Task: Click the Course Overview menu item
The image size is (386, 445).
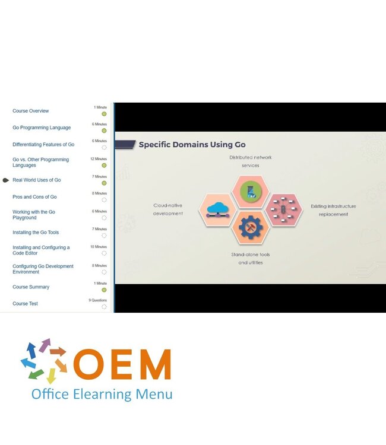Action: [x=31, y=111]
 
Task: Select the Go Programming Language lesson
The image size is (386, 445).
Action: [x=42, y=128]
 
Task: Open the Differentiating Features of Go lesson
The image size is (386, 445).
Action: [x=43, y=144]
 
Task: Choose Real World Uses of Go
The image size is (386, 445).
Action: [x=37, y=180]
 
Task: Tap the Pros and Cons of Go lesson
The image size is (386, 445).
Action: [x=34, y=197]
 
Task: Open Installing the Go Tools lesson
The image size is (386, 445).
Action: [x=36, y=233]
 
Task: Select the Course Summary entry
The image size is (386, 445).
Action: [x=31, y=287]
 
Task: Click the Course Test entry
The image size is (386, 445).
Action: [x=25, y=304]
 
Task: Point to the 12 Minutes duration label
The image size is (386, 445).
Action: [x=99, y=159]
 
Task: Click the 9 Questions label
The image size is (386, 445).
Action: [x=98, y=300]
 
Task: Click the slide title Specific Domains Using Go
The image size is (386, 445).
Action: [x=192, y=144]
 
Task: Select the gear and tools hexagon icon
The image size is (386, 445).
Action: [x=250, y=227]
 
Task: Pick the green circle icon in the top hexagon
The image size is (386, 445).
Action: [x=250, y=191]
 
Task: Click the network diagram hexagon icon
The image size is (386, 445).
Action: [x=283, y=209]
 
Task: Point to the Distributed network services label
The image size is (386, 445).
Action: [x=250, y=161]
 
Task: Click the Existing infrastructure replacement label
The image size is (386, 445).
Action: [x=333, y=210]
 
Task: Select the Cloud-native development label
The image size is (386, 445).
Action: [x=168, y=209]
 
